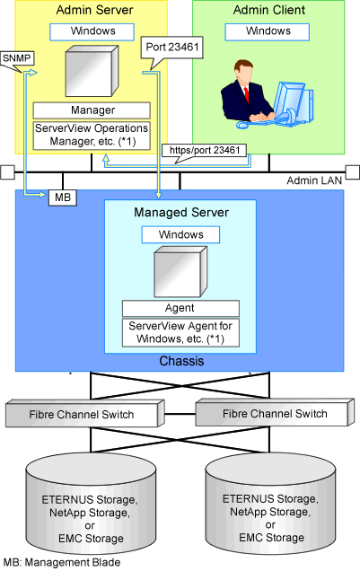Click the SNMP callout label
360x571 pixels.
pos(17,58)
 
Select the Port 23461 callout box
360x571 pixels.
pos(171,48)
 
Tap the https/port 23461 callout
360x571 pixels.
pos(204,151)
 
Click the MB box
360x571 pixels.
pos(63,198)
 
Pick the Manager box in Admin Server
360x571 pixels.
pos(92,110)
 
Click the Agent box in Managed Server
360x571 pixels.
pos(180,309)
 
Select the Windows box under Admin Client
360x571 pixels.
pos(268,31)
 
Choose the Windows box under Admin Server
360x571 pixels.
pos(92,31)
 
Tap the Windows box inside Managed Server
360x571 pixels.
pos(180,235)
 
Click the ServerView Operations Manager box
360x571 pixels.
pos(92,135)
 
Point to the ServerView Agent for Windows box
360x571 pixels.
pos(180,333)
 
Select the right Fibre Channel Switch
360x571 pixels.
pos(275,412)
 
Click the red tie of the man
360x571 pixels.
pos(247,94)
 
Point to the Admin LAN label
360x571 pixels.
pos(314,180)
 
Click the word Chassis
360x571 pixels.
pos(181,361)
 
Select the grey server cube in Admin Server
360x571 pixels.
pos(92,71)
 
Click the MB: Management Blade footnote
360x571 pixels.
pos(62,562)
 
